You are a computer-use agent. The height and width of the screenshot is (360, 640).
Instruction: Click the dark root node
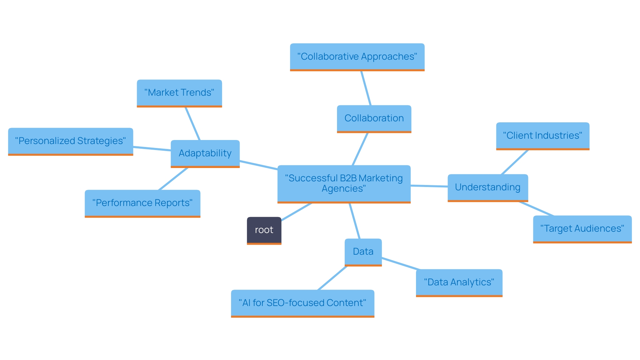pos(264,230)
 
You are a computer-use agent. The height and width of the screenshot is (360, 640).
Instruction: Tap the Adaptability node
pos(205,153)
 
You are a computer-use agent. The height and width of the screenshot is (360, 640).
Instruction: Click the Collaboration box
pos(374,118)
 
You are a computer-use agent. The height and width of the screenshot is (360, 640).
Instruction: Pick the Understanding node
pos(488,187)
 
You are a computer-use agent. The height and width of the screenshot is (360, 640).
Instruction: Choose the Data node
pos(363,252)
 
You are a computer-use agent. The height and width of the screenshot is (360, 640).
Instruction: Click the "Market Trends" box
pos(179,93)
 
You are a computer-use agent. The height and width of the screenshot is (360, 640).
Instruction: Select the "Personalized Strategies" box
pos(70,141)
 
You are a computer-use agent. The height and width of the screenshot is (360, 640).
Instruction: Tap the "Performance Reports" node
pos(142,203)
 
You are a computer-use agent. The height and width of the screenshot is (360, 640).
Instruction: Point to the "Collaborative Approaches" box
pos(357,57)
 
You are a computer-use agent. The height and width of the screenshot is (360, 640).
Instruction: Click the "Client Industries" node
pos(543,136)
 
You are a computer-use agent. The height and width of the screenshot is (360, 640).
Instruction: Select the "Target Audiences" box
pos(582,229)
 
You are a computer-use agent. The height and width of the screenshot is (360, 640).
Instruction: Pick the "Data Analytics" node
pos(459,282)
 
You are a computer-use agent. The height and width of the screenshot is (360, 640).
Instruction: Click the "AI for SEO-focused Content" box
pos(302,303)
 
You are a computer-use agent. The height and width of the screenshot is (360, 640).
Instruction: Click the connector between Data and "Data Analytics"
pos(400,263)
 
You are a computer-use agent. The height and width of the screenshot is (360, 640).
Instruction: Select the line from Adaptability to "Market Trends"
pos(193,124)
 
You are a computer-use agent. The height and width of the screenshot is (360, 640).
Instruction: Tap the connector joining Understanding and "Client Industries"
pos(515,162)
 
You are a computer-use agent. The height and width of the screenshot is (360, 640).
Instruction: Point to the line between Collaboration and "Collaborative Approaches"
pos(366,88)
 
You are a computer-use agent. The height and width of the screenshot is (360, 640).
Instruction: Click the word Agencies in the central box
pos(344,189)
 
